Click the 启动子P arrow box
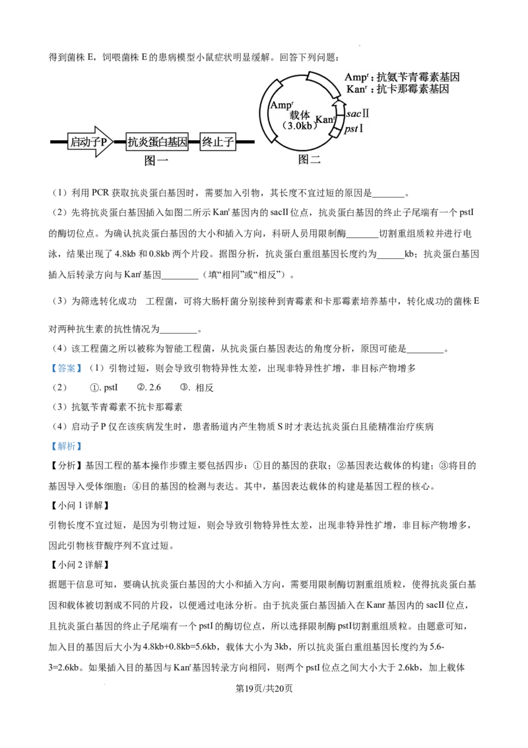90,141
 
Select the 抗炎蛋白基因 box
157,141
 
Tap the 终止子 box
217,141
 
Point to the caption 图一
156,161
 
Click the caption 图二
309,159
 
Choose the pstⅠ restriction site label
354,128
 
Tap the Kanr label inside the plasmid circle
325,120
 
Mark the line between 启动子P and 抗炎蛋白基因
119,141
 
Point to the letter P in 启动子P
104,141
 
